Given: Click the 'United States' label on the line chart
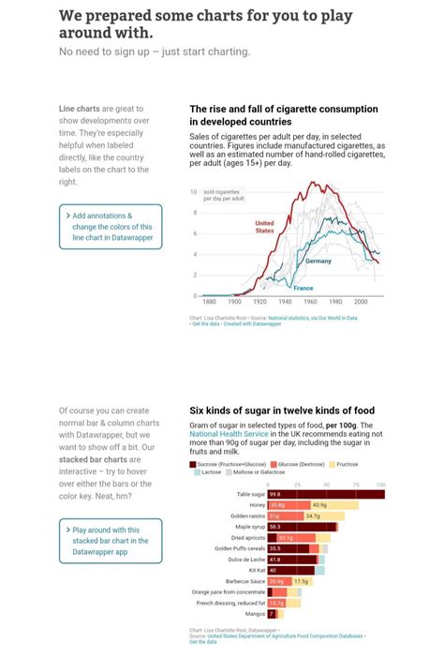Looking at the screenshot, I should click(x=265, y=227).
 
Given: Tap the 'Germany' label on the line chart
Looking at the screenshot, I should click(x=318, y=261).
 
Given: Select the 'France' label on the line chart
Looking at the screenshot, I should click(x=303, y=288).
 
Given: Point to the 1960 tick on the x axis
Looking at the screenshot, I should click(x=309, y=302).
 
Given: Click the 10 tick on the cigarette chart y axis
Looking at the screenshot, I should click(x=193, y=192).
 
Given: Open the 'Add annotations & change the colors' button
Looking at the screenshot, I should click(x=111, y=227).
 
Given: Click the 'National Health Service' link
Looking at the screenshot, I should click(x=229, y=435).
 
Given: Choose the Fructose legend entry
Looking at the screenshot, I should click(x=346, y=464).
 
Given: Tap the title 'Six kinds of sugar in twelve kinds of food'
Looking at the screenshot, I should click(x=282, y=411).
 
